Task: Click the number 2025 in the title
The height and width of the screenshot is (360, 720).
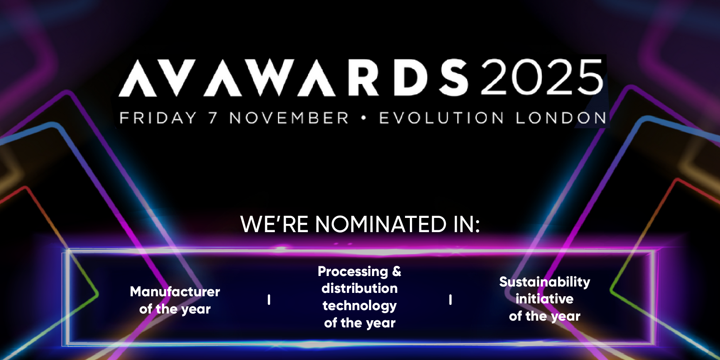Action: click(x=542, y=77)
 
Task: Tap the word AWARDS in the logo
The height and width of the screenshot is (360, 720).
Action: click(x=336, y=78)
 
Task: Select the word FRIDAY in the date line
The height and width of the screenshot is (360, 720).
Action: click(x=158, y=118)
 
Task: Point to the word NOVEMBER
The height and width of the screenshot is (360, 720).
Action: click(x=289, y=118)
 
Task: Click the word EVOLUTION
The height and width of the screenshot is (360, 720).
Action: click(x=441, y=118)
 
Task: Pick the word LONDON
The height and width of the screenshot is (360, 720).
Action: click(x=561, y=118)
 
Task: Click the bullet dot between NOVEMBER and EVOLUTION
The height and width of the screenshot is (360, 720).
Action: click(x=363, y=118)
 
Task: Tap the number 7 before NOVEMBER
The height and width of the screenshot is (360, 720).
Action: click(x=213, y=118)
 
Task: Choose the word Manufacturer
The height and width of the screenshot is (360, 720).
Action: click(x=175, y=291)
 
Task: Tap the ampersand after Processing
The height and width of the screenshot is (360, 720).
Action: click(x=397, y=271)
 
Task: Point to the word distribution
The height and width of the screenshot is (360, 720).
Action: click(x=360, y=288)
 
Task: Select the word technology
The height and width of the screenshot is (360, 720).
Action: click(x=360, y=306)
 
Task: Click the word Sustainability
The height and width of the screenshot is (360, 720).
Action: click(x=544, y=282)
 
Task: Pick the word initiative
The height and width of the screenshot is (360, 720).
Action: click(x=544, y=299)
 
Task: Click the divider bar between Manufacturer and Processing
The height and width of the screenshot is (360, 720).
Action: click(x=269, y=300)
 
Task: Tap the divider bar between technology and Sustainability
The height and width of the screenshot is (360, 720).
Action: click(x=450, y=300)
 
